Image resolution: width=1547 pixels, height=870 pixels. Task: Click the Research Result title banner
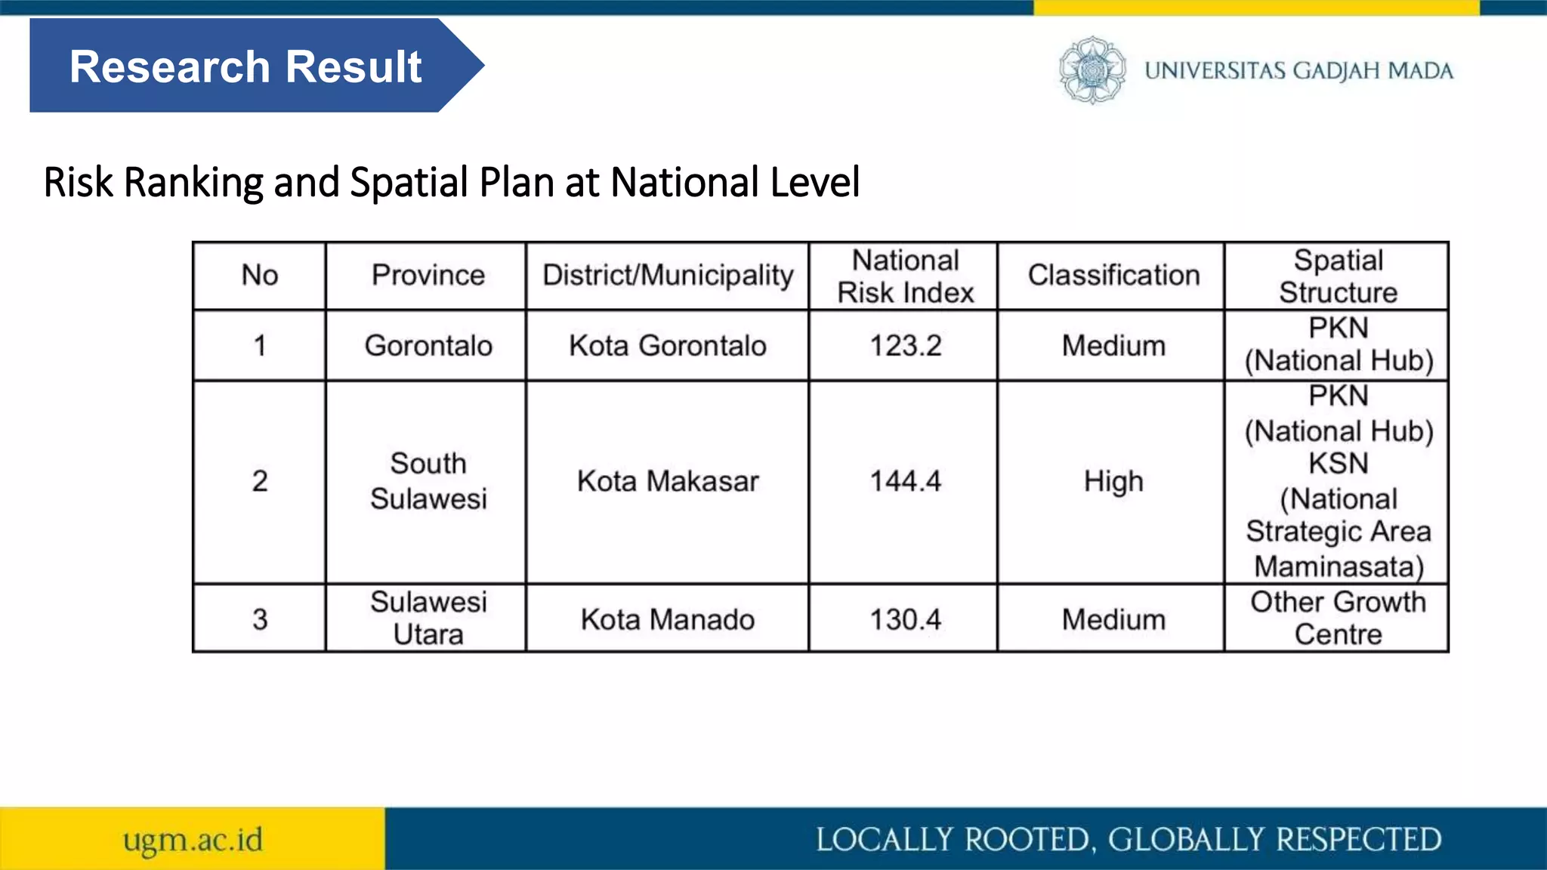(245, 66)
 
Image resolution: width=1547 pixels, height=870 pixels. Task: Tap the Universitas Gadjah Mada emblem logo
(1092, 70)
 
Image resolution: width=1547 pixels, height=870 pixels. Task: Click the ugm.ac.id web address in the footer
(193, 840)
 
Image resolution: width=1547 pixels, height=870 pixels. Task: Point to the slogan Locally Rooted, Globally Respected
(1129, 840)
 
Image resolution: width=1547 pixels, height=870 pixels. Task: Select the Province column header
(428, 276)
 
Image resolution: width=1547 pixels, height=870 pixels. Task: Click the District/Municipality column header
(668, 276)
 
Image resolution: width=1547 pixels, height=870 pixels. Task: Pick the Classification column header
(1113, 276)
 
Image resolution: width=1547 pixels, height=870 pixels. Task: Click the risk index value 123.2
(905, 346)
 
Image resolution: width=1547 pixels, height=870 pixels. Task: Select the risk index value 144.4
(905, 481)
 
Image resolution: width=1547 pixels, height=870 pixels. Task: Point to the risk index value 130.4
(905, 620)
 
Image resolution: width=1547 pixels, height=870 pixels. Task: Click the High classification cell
(1113, 481)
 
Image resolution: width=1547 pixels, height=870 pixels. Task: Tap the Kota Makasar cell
(668, 481)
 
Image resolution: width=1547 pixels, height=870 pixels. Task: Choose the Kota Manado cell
(668, 620)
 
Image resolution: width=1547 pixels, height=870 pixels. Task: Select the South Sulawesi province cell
(428, 481)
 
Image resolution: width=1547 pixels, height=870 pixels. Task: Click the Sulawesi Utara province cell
(428, 619)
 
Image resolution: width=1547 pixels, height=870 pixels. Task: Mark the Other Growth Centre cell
(1338, 619)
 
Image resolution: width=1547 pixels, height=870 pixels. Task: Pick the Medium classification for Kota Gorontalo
(1113, 346)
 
